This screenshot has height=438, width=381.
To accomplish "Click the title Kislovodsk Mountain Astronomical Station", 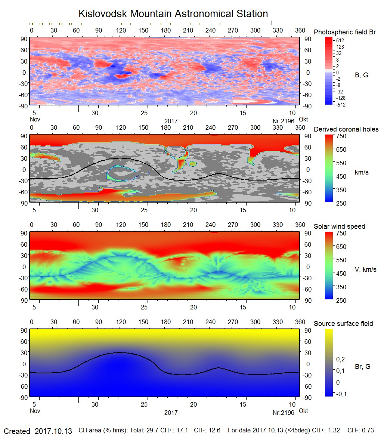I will [173, 14].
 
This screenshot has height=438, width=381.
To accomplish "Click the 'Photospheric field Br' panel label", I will [345, 32].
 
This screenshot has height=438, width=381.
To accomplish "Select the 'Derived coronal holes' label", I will [346, 129].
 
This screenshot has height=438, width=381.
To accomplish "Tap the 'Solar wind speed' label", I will [340, 226].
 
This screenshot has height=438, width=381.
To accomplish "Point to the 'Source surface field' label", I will [343, 324].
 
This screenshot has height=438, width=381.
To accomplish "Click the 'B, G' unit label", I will [361, 75].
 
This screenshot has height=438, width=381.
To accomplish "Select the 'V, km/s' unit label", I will [365, 269].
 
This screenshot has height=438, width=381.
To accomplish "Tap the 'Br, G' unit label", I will [362, 367].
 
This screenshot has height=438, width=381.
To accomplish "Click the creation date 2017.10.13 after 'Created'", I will [53, 431].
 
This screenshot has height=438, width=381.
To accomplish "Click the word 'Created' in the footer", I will [17, 431].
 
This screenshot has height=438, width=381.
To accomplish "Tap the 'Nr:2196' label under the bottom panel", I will [283, 413].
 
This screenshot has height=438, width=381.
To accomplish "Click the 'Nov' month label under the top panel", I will [35, 120].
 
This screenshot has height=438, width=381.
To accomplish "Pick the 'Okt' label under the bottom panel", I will [304, 411].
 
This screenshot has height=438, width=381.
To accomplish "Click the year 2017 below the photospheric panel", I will [171, 121].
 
